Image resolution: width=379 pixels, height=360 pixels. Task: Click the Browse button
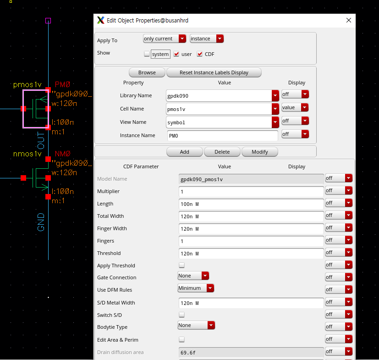[147, 72]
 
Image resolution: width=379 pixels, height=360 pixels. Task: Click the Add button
[184, 152]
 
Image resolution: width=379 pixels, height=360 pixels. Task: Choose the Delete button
[222, 152]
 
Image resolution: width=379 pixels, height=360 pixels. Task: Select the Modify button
[259, 152]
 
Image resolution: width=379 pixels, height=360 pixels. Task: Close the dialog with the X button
[349, 20]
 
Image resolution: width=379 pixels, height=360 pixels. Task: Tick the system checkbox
[147, 54]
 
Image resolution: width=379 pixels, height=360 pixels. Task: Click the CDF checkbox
[199, 54]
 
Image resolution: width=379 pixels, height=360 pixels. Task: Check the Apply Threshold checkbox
[181, 266]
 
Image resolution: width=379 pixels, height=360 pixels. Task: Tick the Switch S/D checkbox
[181, 315]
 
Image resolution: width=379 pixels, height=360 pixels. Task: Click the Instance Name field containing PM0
[222, 135]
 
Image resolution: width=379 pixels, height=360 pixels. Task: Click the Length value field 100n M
[251, 204]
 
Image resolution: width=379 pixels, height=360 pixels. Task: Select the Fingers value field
[251, 241]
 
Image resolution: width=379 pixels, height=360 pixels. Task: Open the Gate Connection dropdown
[193, 276]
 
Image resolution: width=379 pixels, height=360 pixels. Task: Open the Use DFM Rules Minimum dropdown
[196, 288]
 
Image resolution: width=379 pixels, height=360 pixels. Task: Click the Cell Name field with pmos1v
[222, 109]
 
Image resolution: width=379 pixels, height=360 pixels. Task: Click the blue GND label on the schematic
[41, 222]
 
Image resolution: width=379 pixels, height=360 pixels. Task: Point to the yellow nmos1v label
[27, 154]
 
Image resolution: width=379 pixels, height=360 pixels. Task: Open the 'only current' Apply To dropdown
[164, 39]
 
